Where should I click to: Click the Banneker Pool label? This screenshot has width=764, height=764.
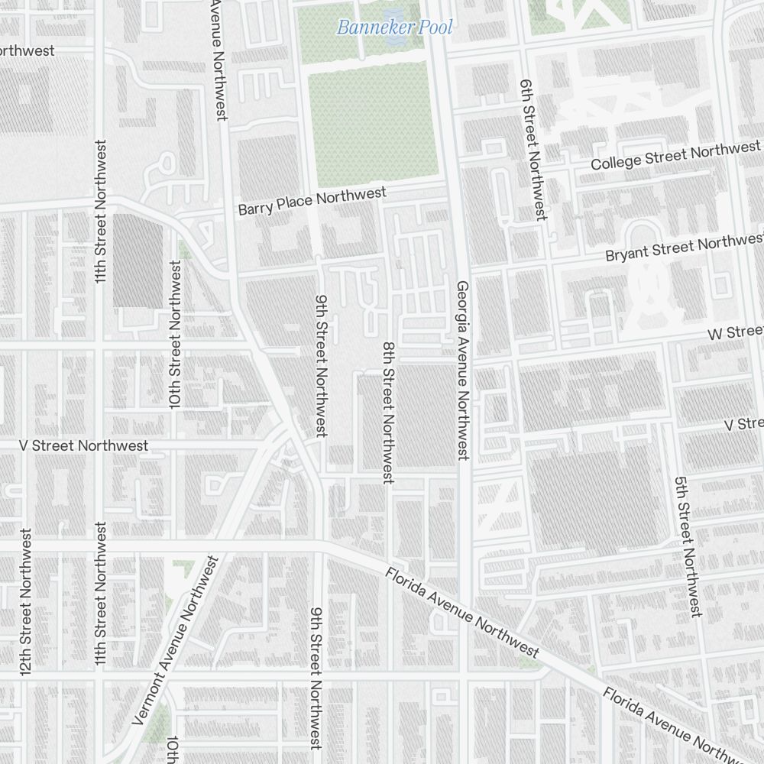coord(394,28)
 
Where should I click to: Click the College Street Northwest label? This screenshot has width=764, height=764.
coord(675,155)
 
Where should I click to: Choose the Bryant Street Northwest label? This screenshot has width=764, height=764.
coord(684,248)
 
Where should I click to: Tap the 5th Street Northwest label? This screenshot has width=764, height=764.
coord(688,547)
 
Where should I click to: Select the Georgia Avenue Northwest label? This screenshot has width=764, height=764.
coord(463,371)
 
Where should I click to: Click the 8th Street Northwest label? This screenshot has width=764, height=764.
coord(388,413)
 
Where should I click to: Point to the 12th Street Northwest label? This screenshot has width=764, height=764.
coord(26,601)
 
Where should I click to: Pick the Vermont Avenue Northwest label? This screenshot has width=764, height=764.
coord(176,640)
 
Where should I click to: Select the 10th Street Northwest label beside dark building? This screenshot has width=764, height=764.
coord(176,335)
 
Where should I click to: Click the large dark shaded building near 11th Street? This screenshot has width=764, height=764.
coord(138,261)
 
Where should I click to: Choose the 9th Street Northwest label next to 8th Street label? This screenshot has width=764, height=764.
coord(322,366)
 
